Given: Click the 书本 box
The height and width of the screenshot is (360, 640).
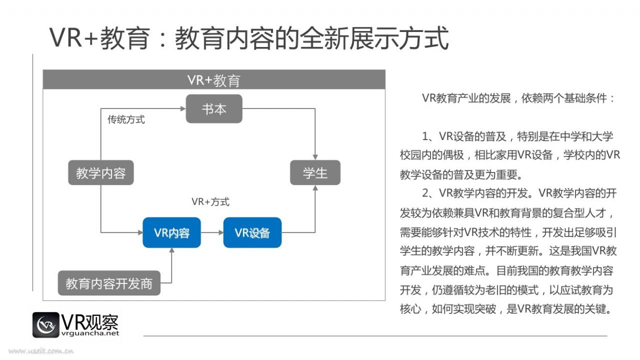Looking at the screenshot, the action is coord(214,109).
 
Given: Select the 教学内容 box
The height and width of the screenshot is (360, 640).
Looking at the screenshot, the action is coord(101,172).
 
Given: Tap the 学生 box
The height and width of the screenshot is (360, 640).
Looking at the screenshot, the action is coord(315,172).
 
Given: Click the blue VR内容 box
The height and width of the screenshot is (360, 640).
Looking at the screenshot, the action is coord(171,232).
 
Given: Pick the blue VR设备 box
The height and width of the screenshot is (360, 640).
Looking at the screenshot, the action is coord(252,232).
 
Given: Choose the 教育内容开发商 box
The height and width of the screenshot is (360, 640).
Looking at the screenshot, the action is coord(109,283).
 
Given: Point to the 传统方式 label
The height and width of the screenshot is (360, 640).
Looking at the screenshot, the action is coord(126,119).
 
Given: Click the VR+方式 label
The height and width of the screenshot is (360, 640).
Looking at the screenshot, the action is coord(210,201).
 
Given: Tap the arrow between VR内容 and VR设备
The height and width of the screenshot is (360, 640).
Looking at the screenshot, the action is coord(212,232).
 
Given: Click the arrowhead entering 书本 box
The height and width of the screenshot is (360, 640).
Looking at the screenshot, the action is coord(183,108).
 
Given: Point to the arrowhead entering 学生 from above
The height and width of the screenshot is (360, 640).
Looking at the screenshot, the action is coord(315,157).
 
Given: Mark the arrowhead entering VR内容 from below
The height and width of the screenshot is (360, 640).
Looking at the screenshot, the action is coord(171,250).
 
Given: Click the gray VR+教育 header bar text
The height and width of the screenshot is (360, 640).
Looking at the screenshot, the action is coord(214,80).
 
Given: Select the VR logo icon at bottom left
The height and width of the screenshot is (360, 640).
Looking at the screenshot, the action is coord(45,325).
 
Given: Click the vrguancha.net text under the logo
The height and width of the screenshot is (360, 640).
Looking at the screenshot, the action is coord(90,333).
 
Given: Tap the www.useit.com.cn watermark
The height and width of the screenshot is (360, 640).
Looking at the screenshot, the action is coord(41,351).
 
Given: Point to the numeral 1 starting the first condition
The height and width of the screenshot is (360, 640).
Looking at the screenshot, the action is coord(425,136).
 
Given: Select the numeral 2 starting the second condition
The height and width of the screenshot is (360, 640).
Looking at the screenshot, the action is coord(425,193).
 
